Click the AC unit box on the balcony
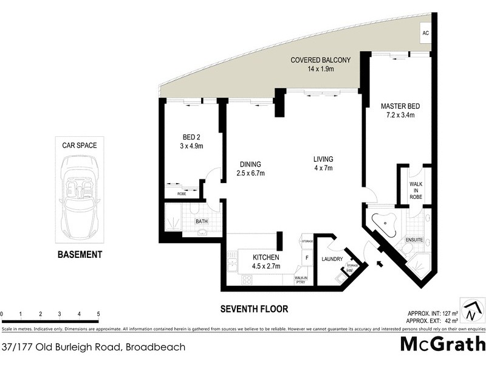(425, 33)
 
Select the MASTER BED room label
(400, 111)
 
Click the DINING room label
(250, 169)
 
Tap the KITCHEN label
(266, 262)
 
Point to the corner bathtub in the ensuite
(385, 222)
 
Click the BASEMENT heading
(80, 255)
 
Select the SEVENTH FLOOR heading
(255, 308)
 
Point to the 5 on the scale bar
(98, 314)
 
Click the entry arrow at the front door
(380, 264)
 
